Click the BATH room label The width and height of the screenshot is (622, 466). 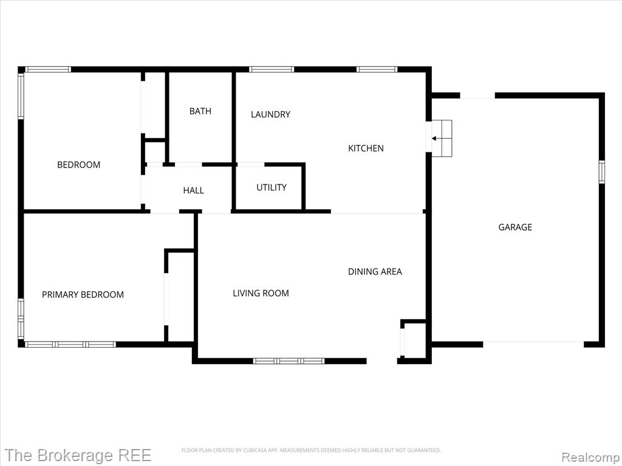tap(200, 112)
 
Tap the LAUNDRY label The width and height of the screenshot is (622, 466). tap(270, 115)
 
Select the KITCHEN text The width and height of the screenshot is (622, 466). tap(366, 148)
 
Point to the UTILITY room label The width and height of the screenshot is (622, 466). tap(272, 187)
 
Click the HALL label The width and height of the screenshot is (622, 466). tap(194, 191)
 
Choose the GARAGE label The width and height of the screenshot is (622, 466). tap(515, 227)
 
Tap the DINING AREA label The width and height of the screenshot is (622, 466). tap(375, 271)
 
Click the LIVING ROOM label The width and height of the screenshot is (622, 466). tap(261, 293)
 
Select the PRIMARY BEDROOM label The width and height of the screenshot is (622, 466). tap(83, 294)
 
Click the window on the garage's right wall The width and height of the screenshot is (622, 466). tap(602, 172)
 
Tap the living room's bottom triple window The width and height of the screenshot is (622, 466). tap(289, 361)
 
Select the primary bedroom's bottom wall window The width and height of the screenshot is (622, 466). tap(70, 345)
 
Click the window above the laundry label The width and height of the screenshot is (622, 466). tap(272, 69)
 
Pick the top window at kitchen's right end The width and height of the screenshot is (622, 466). tap(377, 69)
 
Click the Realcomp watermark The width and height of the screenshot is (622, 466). tap(591, 457)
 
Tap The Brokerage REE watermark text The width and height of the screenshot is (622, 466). tap(78, 455)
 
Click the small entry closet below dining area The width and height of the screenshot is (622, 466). tap(414, 341)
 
